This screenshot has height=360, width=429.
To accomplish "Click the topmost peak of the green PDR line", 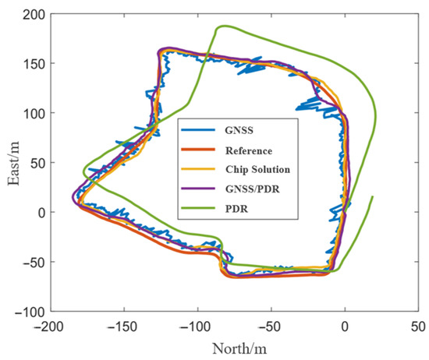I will (223, 26).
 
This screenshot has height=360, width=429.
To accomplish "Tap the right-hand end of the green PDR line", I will (372, 196).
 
